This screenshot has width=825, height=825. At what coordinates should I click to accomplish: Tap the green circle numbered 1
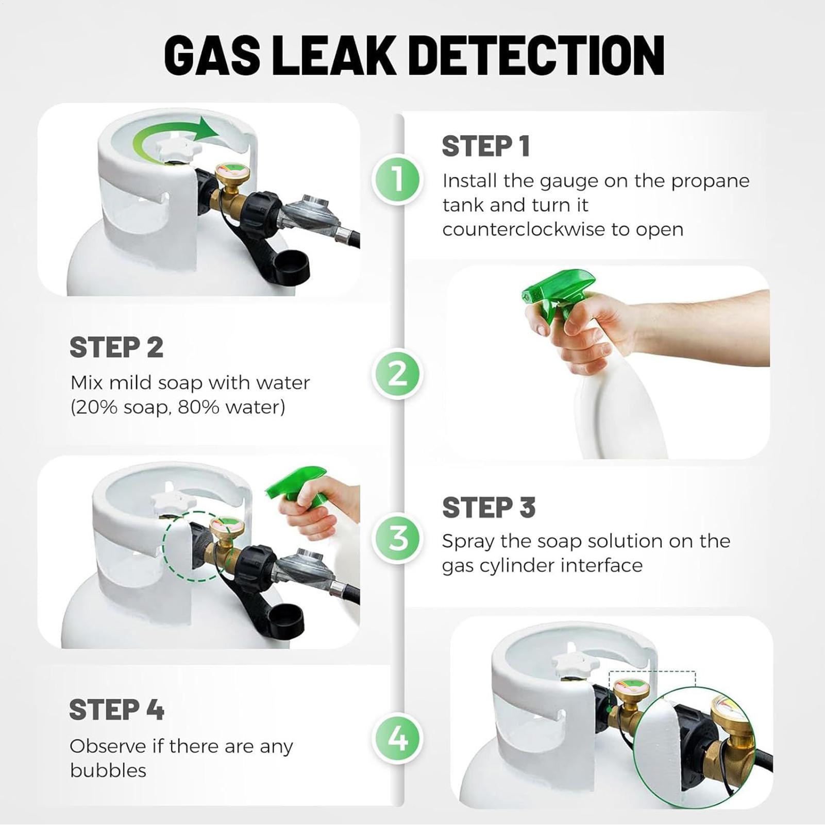[x=397, y=180]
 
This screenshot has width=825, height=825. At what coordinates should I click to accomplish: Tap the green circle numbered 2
[x=397, y=374]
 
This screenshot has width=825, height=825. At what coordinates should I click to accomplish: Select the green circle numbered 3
[x=397, y=538]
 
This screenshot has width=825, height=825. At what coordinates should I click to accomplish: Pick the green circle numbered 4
[x=397, y=738]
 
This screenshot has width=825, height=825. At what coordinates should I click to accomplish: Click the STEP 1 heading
[x=486, y=146]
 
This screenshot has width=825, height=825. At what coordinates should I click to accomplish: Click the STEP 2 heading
[x=116, y=347]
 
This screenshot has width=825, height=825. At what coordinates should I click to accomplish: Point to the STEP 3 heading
[x=489, y=508]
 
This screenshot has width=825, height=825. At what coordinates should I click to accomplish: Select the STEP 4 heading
[x=116, y=710]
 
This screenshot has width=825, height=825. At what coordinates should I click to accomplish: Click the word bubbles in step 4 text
[x=108, y=771]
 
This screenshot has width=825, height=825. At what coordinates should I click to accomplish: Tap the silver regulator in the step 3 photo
[x=304, y=567]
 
